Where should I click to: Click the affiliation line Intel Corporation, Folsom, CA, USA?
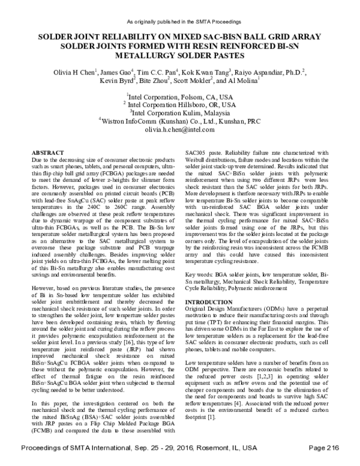click(x=180, y=96)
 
